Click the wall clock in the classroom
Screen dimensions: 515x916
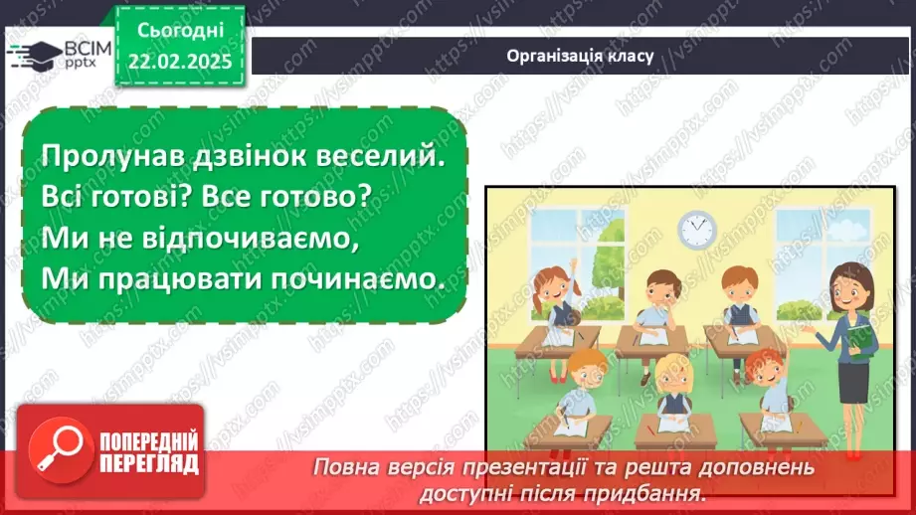click(x=696, y=230)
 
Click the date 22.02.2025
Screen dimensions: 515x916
click(x=179, y=60)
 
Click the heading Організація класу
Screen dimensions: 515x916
click(x=579, y=56)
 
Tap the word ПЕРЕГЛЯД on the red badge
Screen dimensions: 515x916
click(x=149, y=464)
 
